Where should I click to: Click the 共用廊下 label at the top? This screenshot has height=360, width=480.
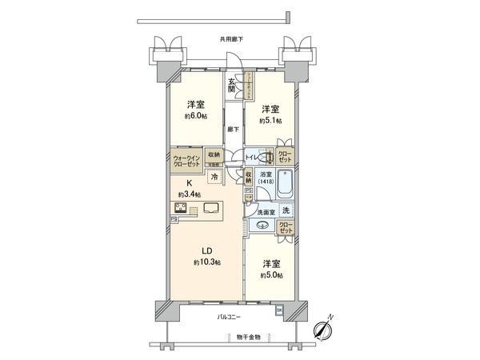[231, 39]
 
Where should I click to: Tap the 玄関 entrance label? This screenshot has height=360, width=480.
[231, 85]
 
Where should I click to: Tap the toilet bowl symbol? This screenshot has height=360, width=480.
[270, 158]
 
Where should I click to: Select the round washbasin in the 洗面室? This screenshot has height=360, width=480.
[263, 226]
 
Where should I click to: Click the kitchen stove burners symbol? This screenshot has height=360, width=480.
[181, 210]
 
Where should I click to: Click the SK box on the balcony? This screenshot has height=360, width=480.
[279, 310]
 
